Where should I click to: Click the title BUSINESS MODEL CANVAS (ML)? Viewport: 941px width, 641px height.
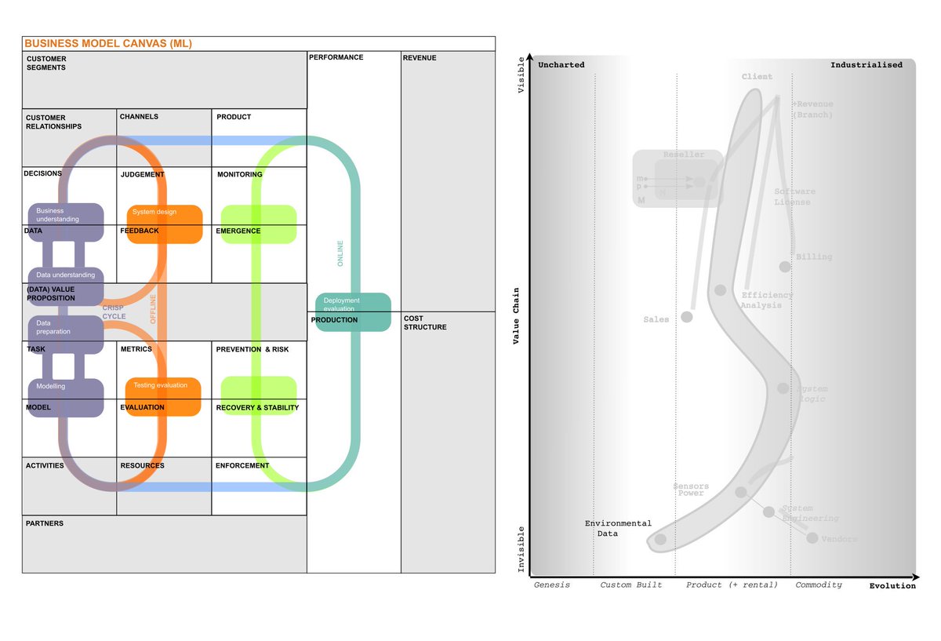[108, 44]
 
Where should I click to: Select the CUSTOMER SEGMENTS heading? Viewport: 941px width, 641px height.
[46, 64]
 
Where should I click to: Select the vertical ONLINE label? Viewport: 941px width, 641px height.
[340, 253]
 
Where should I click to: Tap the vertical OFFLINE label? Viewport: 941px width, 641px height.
[153, 308]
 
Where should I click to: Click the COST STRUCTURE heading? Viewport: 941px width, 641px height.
[425, 322]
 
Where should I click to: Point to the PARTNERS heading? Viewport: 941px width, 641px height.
[45, 523]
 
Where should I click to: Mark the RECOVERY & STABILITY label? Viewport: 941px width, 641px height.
[257, 408]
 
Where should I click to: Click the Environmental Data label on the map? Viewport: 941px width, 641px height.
[618, 528]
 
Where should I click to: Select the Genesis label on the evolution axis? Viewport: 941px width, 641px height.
[552, 585]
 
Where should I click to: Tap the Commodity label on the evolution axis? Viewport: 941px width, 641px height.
[819, 585]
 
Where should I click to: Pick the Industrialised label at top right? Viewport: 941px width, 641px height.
[867, 65]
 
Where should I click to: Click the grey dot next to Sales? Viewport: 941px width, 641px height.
[687, 317]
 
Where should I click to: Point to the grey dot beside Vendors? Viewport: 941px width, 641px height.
[812, 538]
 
